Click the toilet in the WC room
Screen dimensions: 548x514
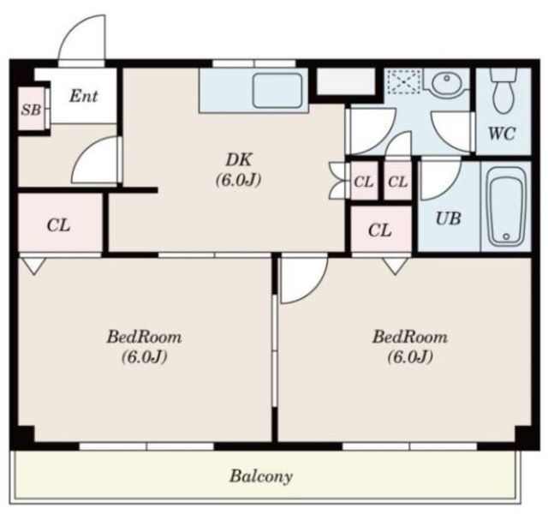pos(503,91)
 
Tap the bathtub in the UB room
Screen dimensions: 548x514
pos(506,206)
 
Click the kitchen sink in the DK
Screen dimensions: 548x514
pos(277,91)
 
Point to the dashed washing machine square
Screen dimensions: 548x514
pos(404,82)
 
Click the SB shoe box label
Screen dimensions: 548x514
pos(31,110)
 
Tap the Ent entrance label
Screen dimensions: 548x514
pos(84,96)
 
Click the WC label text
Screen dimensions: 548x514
pos(502,133)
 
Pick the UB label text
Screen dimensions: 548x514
pos(448,218)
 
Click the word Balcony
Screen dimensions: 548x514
pos(260,476)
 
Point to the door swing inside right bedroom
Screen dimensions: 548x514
pos(314,289)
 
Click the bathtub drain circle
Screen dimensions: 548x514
pos(506,236)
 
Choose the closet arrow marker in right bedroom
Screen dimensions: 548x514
pos(396,266)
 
